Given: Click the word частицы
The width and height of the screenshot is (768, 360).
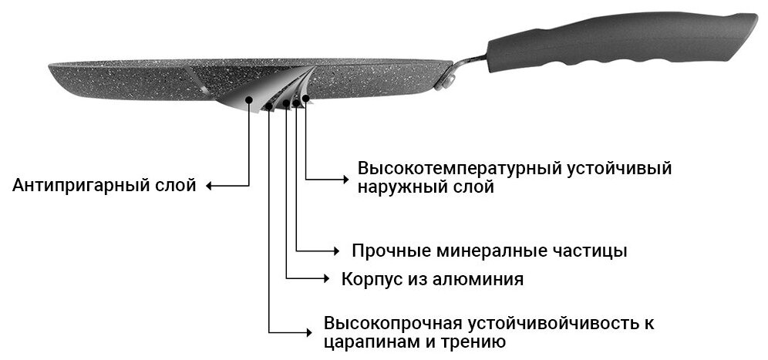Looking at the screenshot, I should tap(592, 251).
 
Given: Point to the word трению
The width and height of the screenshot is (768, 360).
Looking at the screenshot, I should tap(476, 341).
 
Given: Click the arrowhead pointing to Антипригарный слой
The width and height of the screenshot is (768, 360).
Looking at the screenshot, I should tap(209, 186).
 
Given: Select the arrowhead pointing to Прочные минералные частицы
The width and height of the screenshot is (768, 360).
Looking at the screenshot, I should tap(335, 251).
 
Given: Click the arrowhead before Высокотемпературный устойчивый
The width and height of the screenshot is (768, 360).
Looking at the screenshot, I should tap(345, 179).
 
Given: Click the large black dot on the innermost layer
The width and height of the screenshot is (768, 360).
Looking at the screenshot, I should tap(248, 99).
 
